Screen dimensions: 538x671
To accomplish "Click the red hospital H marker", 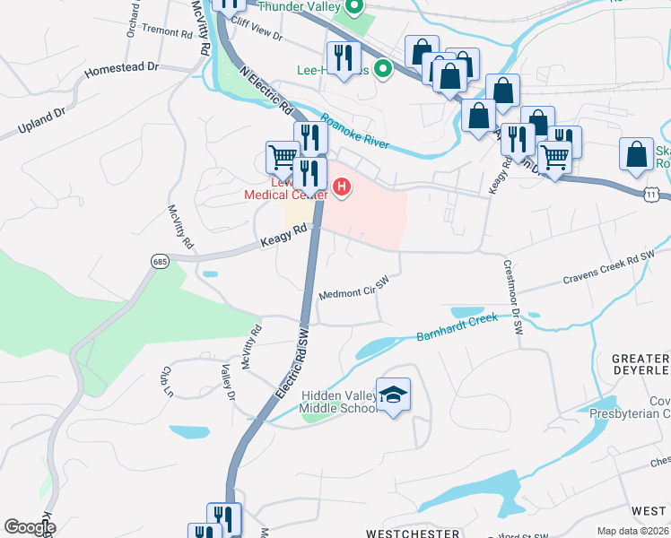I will (x=342, y=187).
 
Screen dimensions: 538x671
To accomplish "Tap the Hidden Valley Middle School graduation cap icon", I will (x=393, y=395).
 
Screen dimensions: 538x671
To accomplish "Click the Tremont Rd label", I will (x=168, y=32).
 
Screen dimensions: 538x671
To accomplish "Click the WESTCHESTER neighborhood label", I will (x=412, y=532).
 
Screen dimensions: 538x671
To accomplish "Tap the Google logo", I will (x=30, y=527).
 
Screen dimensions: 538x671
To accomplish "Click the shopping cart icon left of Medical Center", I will (x=283, y=156).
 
